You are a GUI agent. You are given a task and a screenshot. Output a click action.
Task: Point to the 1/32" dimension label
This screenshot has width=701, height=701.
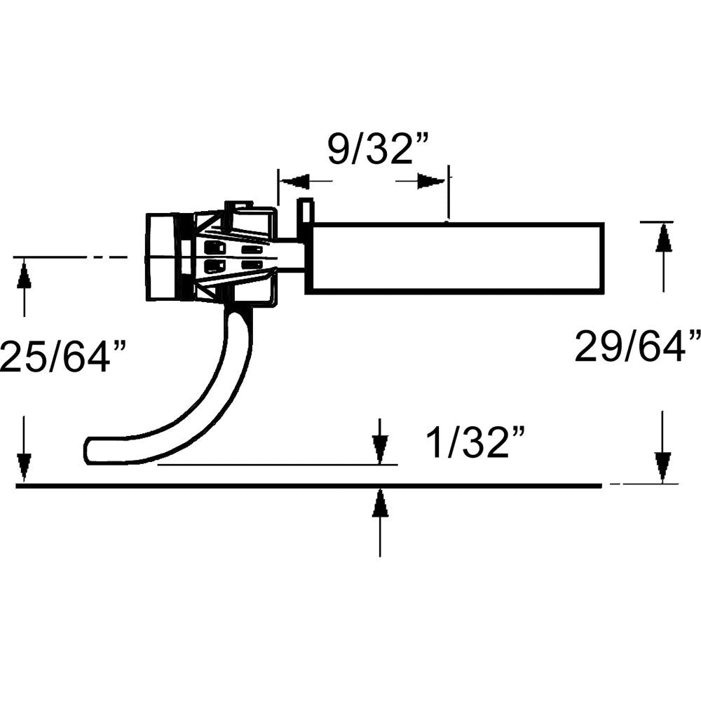pos(476,443)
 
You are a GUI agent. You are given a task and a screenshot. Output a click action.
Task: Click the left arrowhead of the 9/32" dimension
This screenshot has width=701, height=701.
pos(295,182)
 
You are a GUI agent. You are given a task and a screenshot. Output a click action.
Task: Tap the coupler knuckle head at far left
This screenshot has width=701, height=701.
pos(163,257)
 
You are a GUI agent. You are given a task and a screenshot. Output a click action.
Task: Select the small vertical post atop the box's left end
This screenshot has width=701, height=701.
pos(306,211)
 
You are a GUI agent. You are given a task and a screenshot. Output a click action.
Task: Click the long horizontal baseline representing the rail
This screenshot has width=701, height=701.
pos(308,485)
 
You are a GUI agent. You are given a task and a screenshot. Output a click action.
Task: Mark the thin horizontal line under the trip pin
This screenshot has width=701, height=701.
pos(280,464)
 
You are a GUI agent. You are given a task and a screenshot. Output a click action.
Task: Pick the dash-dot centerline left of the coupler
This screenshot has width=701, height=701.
pos(70,258)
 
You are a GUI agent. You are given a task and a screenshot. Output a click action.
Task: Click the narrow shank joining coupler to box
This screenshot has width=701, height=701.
pos(291,256)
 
